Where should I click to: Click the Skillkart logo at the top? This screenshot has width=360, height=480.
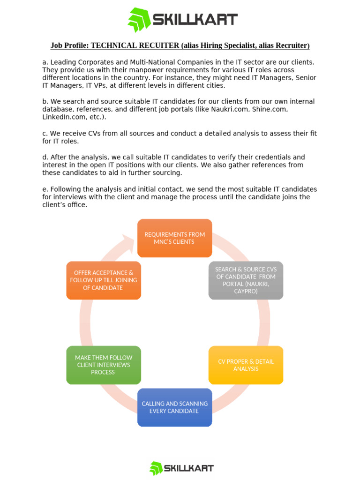pyautogui.click(x=183, y=20)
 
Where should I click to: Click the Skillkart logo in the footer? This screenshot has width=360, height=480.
pyautogui.click(x=181, y=468)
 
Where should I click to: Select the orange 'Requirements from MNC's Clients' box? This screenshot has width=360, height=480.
pyautogui.click(x=174, y=238)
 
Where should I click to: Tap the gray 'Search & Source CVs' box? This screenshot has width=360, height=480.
pyautogui.click(x=246, y=280)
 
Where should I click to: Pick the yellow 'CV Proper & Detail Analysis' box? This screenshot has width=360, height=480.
pyautogui.click(x=246, y=365)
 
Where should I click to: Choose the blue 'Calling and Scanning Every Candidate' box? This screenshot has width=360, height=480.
pyautogui.click(x=174, y=407)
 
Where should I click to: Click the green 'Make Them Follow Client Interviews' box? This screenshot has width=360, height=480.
pyautogui.click(x=104, y=365)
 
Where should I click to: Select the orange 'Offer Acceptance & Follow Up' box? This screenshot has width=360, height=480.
pyautogui.click(x=104, y=280)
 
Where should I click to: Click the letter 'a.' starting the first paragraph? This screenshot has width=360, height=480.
pyautogui.click(x=45, y=62)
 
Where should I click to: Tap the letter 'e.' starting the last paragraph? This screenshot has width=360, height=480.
pyautogui.click(x=45, y=189)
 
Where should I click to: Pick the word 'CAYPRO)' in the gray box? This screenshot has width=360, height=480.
pyautogui.click(x=246, y=292)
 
